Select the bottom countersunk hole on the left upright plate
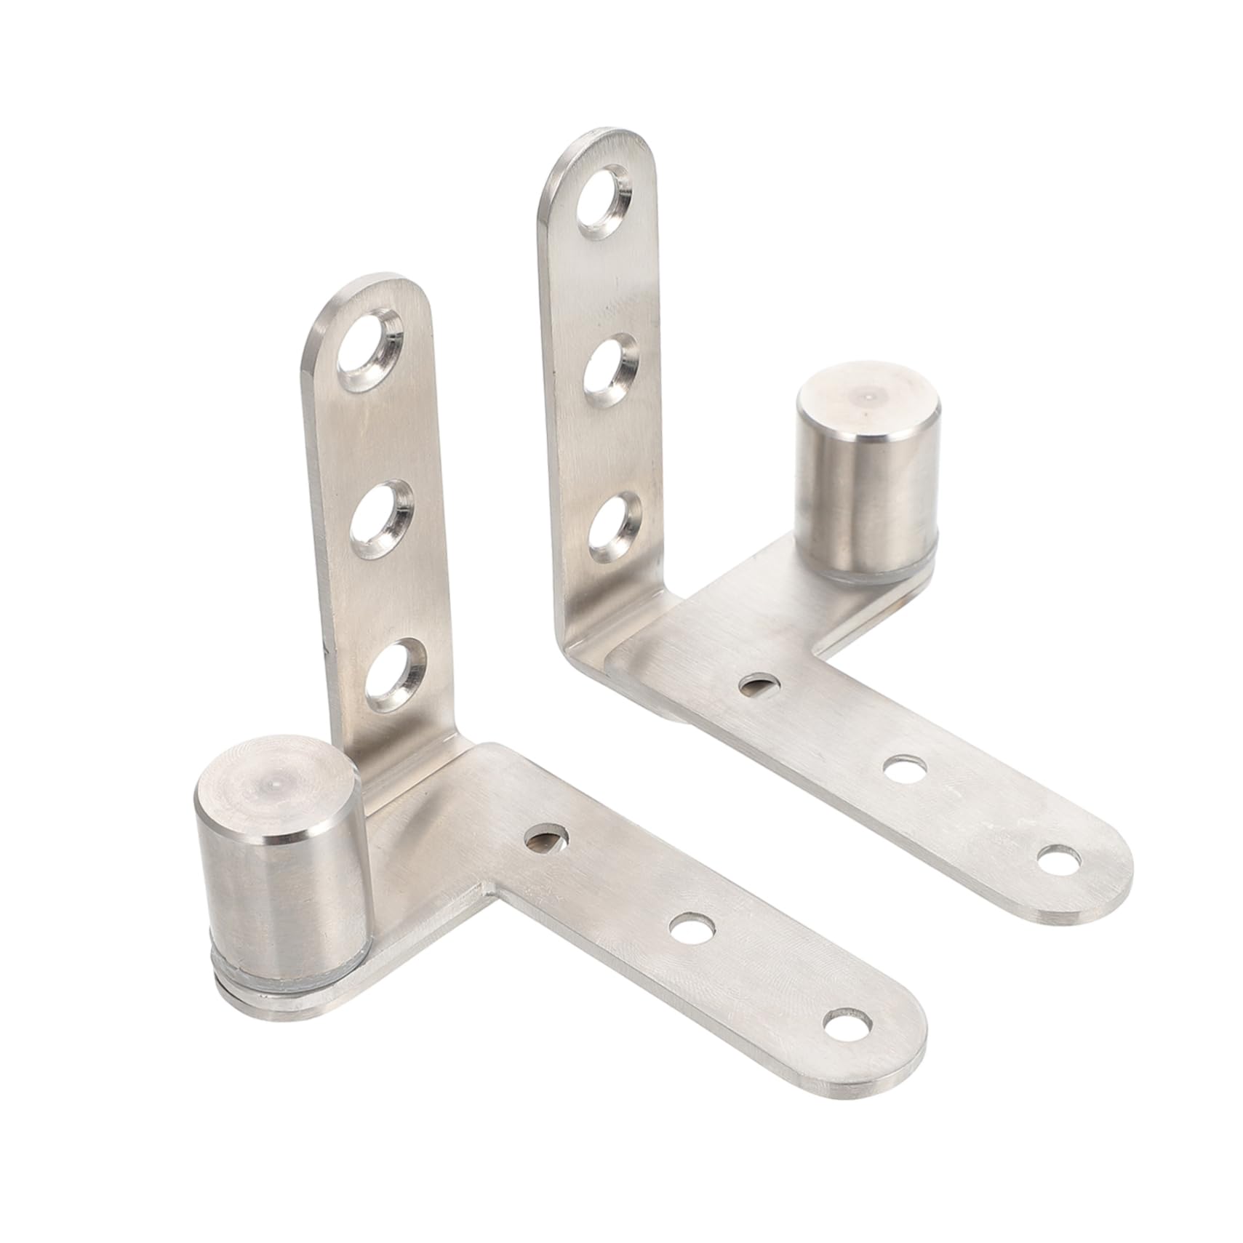pos(394,675)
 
